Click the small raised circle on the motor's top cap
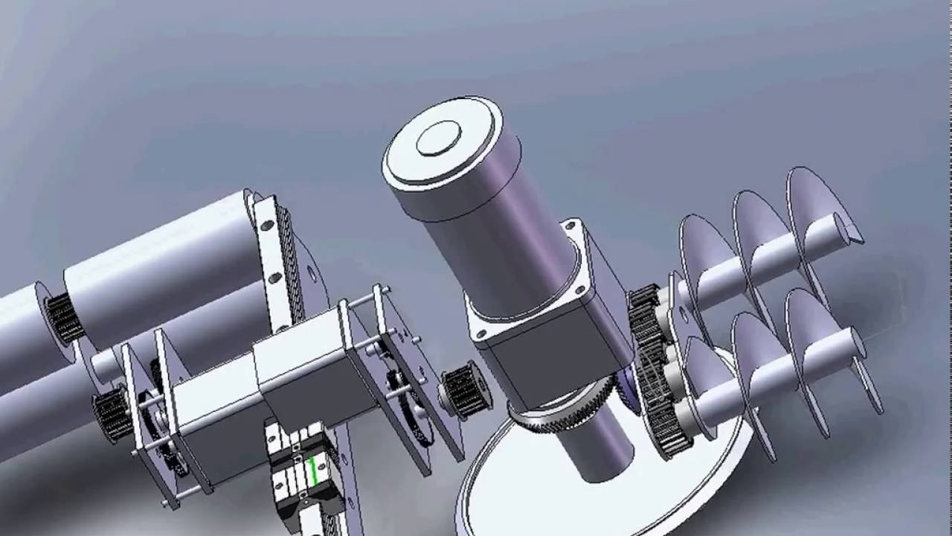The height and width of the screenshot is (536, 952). click(x=438, y=138)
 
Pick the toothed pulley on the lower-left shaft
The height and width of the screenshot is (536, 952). click(x=112, y=413)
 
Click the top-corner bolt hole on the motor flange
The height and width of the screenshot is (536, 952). click(x=571, y=225)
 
